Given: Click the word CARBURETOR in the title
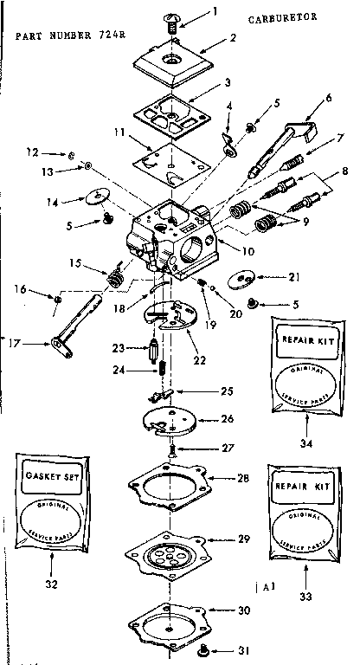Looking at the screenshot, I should click(287, 16).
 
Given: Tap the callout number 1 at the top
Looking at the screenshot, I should click(215, 11).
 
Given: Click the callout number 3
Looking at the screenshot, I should click(227, 82).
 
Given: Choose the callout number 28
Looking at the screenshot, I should click(242, 478).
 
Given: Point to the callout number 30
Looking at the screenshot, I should click(243, 610).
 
